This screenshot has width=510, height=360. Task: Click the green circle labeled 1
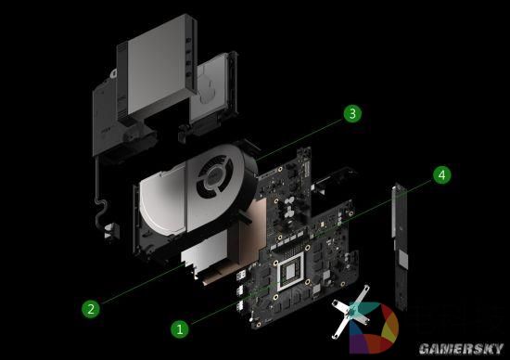click(180, 327)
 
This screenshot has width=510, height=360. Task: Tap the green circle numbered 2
click(90, 309)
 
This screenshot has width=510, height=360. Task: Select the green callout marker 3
click(351, 114)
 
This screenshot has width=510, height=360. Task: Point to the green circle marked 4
click(442, 174)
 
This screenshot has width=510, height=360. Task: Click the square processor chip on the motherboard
click(290, 273)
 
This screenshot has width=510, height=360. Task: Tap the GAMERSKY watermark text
click(460, 348)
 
